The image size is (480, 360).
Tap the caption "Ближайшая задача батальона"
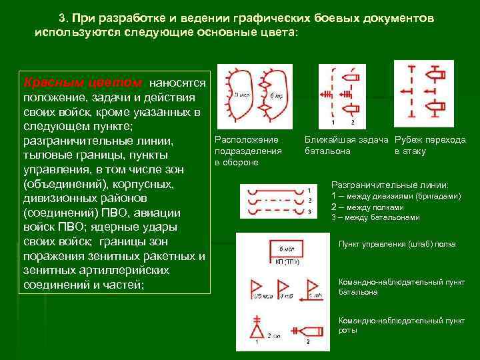click(x=346, y=145)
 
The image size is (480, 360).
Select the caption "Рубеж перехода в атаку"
click(x=430, y=145)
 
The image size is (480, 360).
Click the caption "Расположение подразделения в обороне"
click(x=247, y=151)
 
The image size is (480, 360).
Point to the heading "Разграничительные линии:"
click(x=390, y=185)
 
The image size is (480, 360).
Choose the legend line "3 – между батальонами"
click(x=375, y=217)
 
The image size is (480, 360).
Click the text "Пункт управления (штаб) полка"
click(x=397, y=244)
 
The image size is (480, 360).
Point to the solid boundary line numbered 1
click(x=273, y=190)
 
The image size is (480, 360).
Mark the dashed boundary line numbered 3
click(x=273, y=211)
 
